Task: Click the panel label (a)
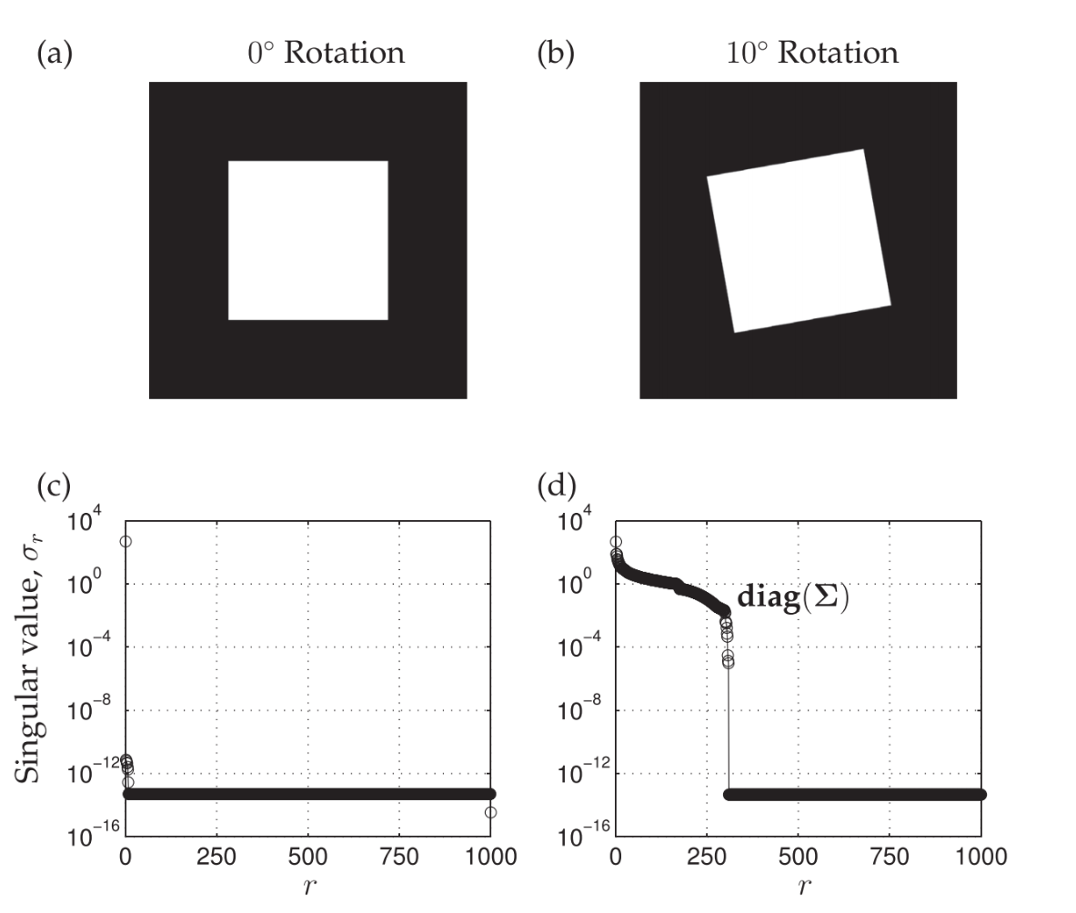tap(54, 53)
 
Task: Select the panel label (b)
tap(556, 53)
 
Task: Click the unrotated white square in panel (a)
tap(307, 240)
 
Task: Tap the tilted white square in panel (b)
tap(799, 240)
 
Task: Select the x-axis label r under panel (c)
tap(308, 886)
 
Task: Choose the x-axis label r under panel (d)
tap(799, 886)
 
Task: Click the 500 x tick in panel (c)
tap(308, 856)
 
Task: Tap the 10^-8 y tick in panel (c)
tap(95, 708)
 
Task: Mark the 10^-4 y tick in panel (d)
tap(585, 646)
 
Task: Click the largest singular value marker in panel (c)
tap(126, 541)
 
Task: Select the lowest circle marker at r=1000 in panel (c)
tap(491, 812)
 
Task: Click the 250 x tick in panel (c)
tap(216, 856)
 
